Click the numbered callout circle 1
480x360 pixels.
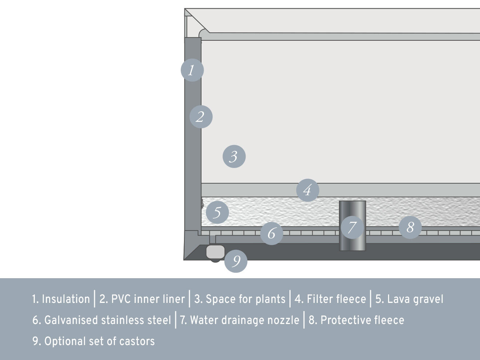tap(192, 70)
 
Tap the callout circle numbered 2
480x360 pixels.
tap(201, 117)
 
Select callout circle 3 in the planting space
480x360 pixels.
tap(234, 156)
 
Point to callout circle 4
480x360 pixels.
tap(308, 190)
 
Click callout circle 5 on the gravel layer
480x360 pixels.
tap(217, 212)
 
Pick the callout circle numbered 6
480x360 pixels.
tap(272, 233)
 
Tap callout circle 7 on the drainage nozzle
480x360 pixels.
tap(352, 227)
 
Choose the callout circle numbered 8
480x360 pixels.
tap(410, 227)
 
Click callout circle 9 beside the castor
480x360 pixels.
tap(236, 261)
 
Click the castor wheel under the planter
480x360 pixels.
tap(215, 253)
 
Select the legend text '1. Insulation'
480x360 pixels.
tap(61, 299)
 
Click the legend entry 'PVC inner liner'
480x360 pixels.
tap(142, 299)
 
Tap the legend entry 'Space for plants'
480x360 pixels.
tap(240, 299)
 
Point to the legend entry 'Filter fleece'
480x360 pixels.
tap(330, 299)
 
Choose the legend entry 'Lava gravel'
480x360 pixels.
tap(409, 299)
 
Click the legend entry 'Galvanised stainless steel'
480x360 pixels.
tap(102, 320)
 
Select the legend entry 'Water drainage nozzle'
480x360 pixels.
tap(240, 320)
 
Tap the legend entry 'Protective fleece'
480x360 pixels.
tap(356, 320)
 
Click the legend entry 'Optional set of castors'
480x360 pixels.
tap(93, 341)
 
